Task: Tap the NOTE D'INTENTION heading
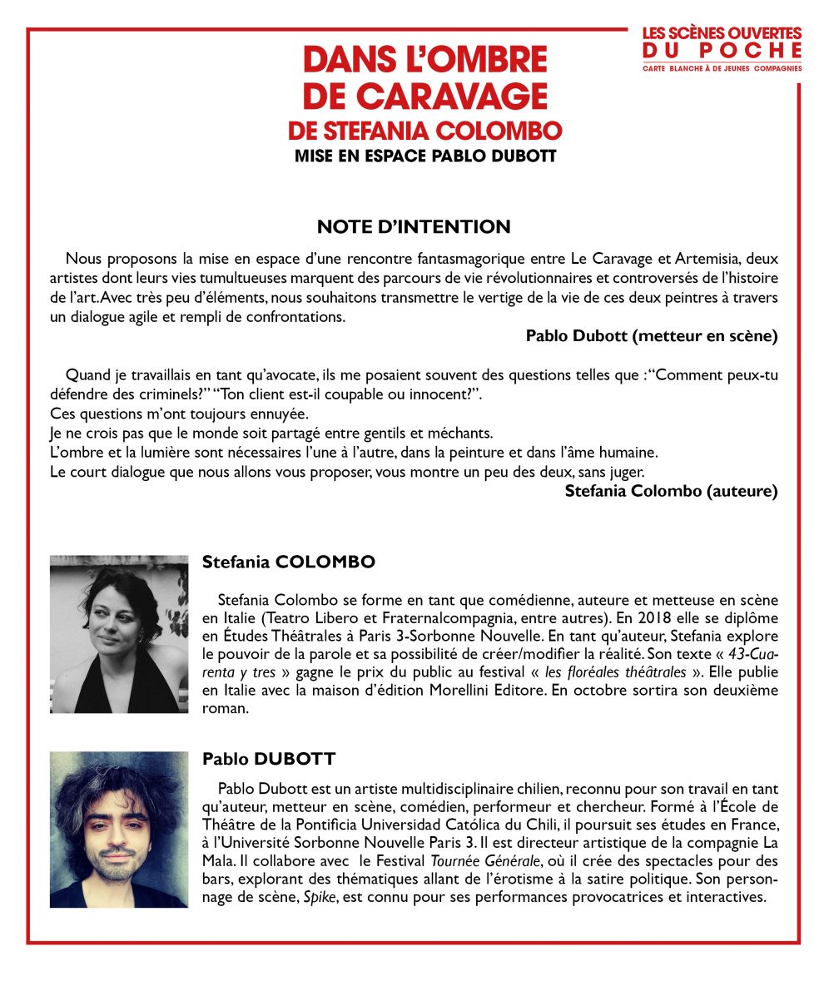[x=414, y=226]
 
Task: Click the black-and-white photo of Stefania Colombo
[x=119, y=633]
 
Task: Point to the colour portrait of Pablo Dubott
[x=119, y=829]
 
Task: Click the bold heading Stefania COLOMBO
[x=289, y=562]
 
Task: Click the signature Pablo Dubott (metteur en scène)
[x=652, y=335]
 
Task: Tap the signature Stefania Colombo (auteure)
[x=671, y=491]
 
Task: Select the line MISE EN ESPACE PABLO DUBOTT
[x=424, y=156]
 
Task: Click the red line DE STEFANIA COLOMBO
[x=424, y=131]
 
